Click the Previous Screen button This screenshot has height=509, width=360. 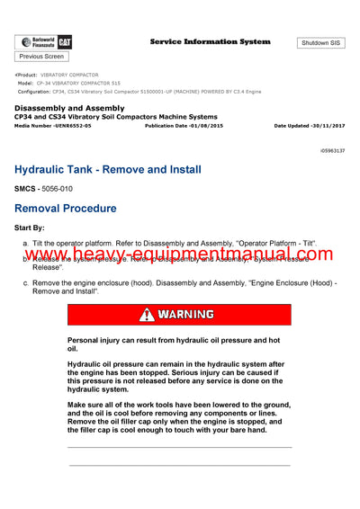pyautogui.click(x=41, y=57)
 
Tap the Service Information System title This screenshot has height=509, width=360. pyautogui.click(x=210, y=41)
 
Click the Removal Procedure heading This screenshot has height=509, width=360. pyautogui.click(x=78, y=209)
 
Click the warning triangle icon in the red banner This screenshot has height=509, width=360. pyautogui.click(x=146, y=315)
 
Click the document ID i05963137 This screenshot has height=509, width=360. pyautogui.click(x=331, y=150)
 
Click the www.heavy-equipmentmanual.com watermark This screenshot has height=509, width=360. pyautogui.click(x=180, y=257)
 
